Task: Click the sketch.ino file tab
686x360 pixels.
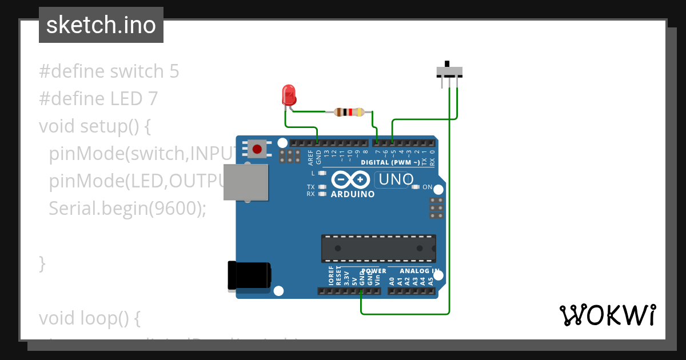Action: [x=101, y=25]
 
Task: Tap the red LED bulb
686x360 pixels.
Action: [x=289, y=94]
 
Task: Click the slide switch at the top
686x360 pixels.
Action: [x=449, y=71]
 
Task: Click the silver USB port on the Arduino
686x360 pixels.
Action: [x=245, y=182]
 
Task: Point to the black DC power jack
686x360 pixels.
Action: [x=249, y=275]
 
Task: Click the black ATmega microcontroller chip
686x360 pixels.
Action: [x=378, y=248]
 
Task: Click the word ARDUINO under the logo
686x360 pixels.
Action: [x=353, y=194]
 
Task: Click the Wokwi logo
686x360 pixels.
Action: [x=607, y=315]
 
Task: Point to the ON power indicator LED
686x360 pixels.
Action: [x=416, y=187]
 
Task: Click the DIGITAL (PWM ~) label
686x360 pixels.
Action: [x=390, y=163]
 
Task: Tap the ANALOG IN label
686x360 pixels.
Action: [x=420, y=271]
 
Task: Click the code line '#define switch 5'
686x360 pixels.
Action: [x=109, y=71]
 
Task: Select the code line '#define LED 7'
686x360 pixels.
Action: [x=98, y=99]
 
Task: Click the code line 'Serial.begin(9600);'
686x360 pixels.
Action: [x=127, y=209]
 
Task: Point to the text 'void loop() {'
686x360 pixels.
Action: [x=90, y=318]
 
